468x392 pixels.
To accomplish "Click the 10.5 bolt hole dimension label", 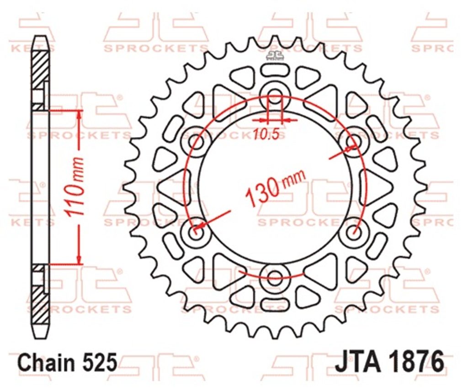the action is (266, 134).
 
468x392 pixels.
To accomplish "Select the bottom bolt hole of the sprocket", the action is (275, 278).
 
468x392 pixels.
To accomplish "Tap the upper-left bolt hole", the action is (196, 142).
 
